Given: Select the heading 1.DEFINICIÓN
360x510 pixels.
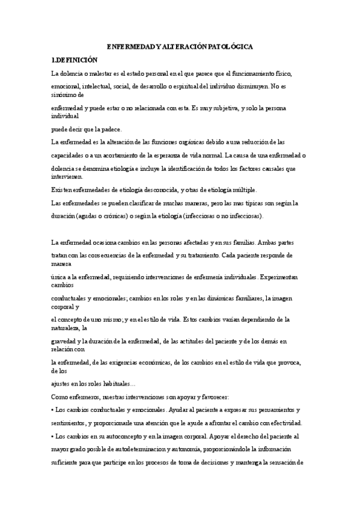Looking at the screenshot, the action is click(x=74, y=60).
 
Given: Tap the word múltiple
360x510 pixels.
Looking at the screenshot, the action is click(x=243, y=190).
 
